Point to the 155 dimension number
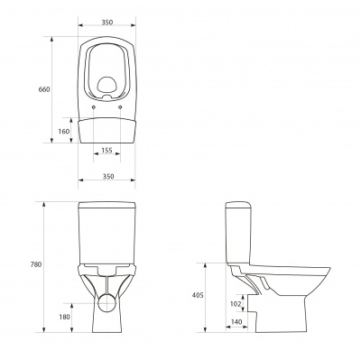tap(107, 150)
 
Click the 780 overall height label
tap(36, 265)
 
